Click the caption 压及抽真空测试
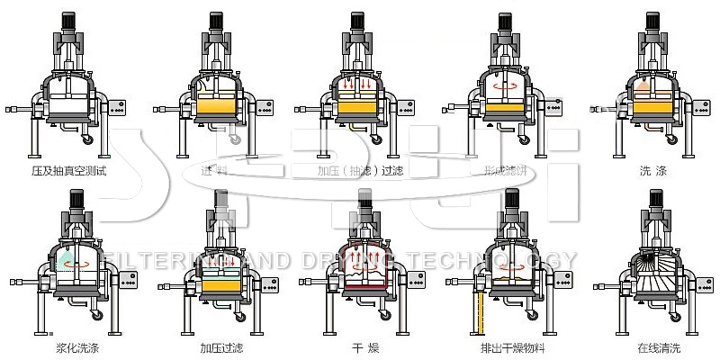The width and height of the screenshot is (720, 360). click(x=69, y=170)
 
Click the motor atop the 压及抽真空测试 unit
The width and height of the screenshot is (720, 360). click(x=68, y=22)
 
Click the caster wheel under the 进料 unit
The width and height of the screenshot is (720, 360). click(x=236, y=139)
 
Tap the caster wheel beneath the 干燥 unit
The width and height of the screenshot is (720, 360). click(x=382, y=314)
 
